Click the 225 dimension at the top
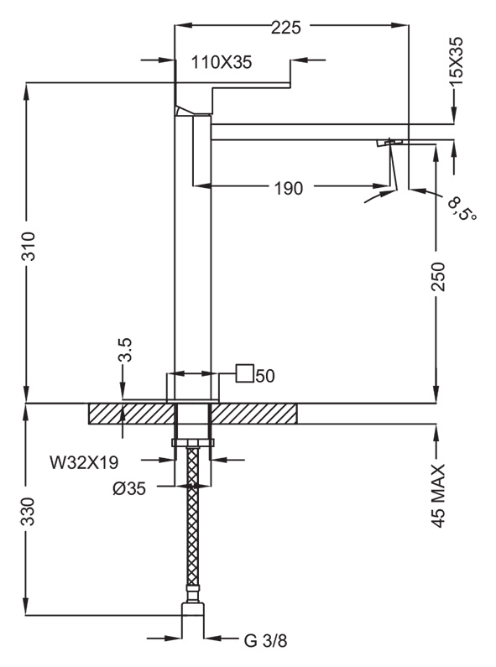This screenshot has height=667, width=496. pyautogui.click(x=286, y=28)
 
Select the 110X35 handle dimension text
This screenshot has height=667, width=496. pyautogui.click(x=222, y=63)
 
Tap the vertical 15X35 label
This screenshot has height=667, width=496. pyautogui.click(x=457, y=61)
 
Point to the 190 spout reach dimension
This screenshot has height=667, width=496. pyautogui.click(x=289, y=188)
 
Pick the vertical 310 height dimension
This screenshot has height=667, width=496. pyautogui.click(x=29, y=246)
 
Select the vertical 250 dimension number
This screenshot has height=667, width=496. pyautogui.click(x=438, y=277)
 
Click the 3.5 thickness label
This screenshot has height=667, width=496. pyautogui.click(x=125, y=350)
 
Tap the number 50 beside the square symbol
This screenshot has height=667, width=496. pyautogui.click(x=265, y=376)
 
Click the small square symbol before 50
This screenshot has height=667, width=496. pyautogui.click(x=244, y=373)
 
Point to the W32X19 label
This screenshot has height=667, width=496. pyautogui.click(x=84, y=462)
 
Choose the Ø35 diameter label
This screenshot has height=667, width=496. pyautogui.click(x=129, y=489)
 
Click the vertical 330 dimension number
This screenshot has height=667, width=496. pyautogui.click(x=29, y=511)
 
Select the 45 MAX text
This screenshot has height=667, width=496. pyautogui.click(x=438, y=496)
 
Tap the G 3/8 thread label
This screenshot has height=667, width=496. pyautogui.click(x=265, y=641)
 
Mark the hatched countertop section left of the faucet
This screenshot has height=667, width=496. pyautogui.click(x=132, y=414)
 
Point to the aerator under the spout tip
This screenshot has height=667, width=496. pyautogui.click(x=390, y=142)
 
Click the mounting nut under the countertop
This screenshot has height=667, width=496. pyautogui.click(x=193, y=443)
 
